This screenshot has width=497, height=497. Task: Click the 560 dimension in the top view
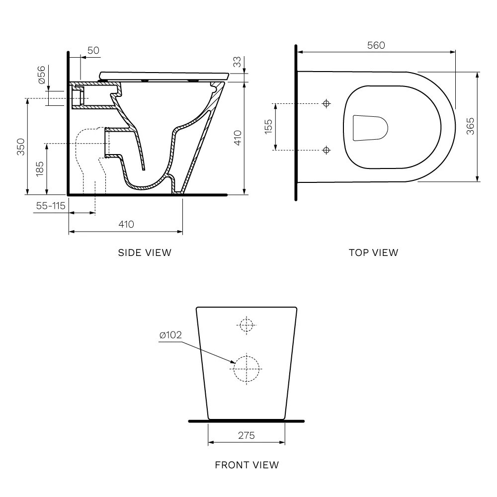point(376,45)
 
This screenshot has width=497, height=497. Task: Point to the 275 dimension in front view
point(246,435)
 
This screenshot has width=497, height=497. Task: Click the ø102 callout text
point(170,335)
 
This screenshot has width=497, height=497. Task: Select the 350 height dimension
point(20,147)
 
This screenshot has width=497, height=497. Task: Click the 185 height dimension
point(40,169)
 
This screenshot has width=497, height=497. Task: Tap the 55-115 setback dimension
point(50,206)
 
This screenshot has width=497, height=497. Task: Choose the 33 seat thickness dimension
point(237,62)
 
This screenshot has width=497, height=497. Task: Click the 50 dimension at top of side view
point(93,50)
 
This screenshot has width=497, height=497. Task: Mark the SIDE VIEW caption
point(145,252)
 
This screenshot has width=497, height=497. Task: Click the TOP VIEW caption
point(373,252)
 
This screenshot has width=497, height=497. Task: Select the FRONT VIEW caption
point(247,465)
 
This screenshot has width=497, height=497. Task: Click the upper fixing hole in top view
point(326,103)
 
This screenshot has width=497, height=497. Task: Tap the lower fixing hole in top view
point(326,150)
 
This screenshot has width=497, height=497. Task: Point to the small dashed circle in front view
point(246,325)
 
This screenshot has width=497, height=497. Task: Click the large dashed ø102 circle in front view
point(247,368)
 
